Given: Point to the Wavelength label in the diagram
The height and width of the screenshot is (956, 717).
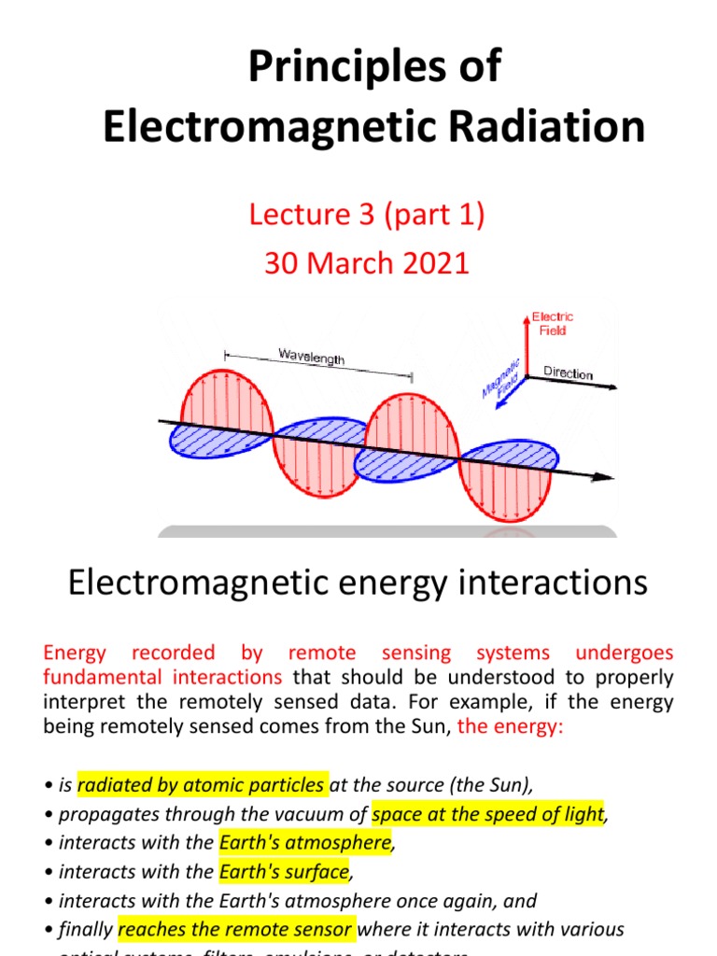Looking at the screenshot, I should click(x=312, y=356).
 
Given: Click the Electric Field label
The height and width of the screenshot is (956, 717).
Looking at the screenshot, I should click(x=553, y=323).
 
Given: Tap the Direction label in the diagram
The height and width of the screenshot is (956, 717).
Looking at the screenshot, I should click(x=569, y=373).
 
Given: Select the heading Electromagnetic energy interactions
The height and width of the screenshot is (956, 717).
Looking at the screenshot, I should click(x=358, y=583).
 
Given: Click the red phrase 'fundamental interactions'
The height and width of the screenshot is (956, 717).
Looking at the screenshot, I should click(x=162, y=677).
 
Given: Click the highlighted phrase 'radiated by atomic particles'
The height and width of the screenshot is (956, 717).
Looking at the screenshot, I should click(x=201, y=785).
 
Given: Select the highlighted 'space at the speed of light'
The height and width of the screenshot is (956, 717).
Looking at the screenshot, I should click(x=487, y=814).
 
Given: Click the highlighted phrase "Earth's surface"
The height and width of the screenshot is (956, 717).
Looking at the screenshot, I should click(x=284, y=872).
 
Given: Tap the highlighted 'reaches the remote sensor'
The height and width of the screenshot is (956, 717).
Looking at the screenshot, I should click(x=236, y=929).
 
